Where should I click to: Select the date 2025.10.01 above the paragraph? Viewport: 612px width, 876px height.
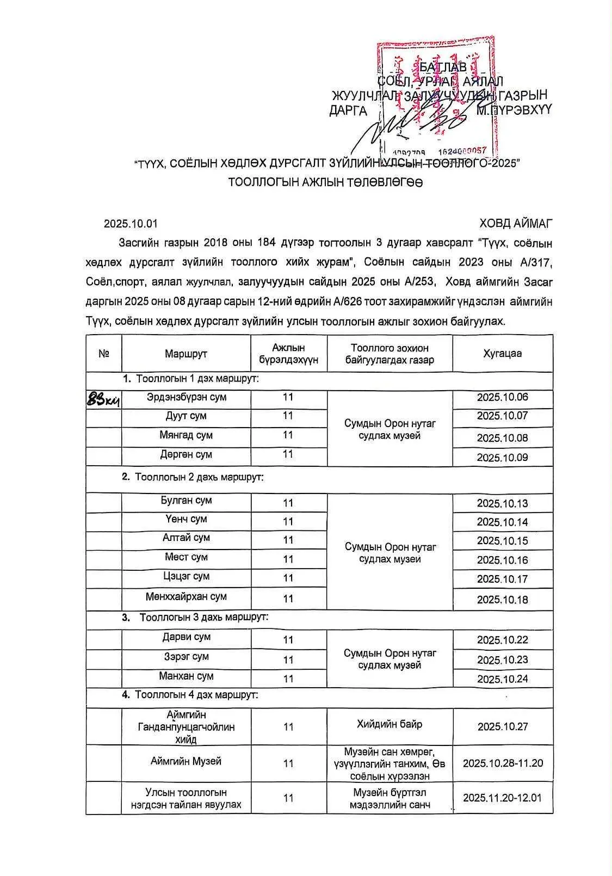point(131,224)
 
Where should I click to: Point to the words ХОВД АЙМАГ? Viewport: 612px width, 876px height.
point(516,224)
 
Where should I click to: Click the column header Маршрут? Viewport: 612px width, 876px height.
point(186,354)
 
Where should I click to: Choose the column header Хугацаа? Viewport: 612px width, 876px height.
point(502,353)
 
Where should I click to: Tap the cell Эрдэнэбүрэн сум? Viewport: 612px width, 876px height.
point(186,397)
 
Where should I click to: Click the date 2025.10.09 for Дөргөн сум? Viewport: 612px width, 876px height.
point(502,457)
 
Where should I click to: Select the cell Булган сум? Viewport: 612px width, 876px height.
point(186,500)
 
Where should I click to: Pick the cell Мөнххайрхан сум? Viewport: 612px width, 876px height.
point(186,596)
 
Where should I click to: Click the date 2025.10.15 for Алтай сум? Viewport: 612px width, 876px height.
point(502,541)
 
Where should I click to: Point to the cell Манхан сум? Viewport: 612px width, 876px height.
point(186,676)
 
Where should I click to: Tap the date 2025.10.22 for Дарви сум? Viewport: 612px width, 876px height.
point(502,640)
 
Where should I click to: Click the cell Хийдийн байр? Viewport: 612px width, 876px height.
point(390,724)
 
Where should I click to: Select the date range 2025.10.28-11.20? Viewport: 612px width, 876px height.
point(502,763)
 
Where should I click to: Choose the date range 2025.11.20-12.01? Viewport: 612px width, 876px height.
point(502,798)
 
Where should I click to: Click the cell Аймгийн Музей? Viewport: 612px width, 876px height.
point(186,761)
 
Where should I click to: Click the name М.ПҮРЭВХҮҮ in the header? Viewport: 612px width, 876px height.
point(514,110)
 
